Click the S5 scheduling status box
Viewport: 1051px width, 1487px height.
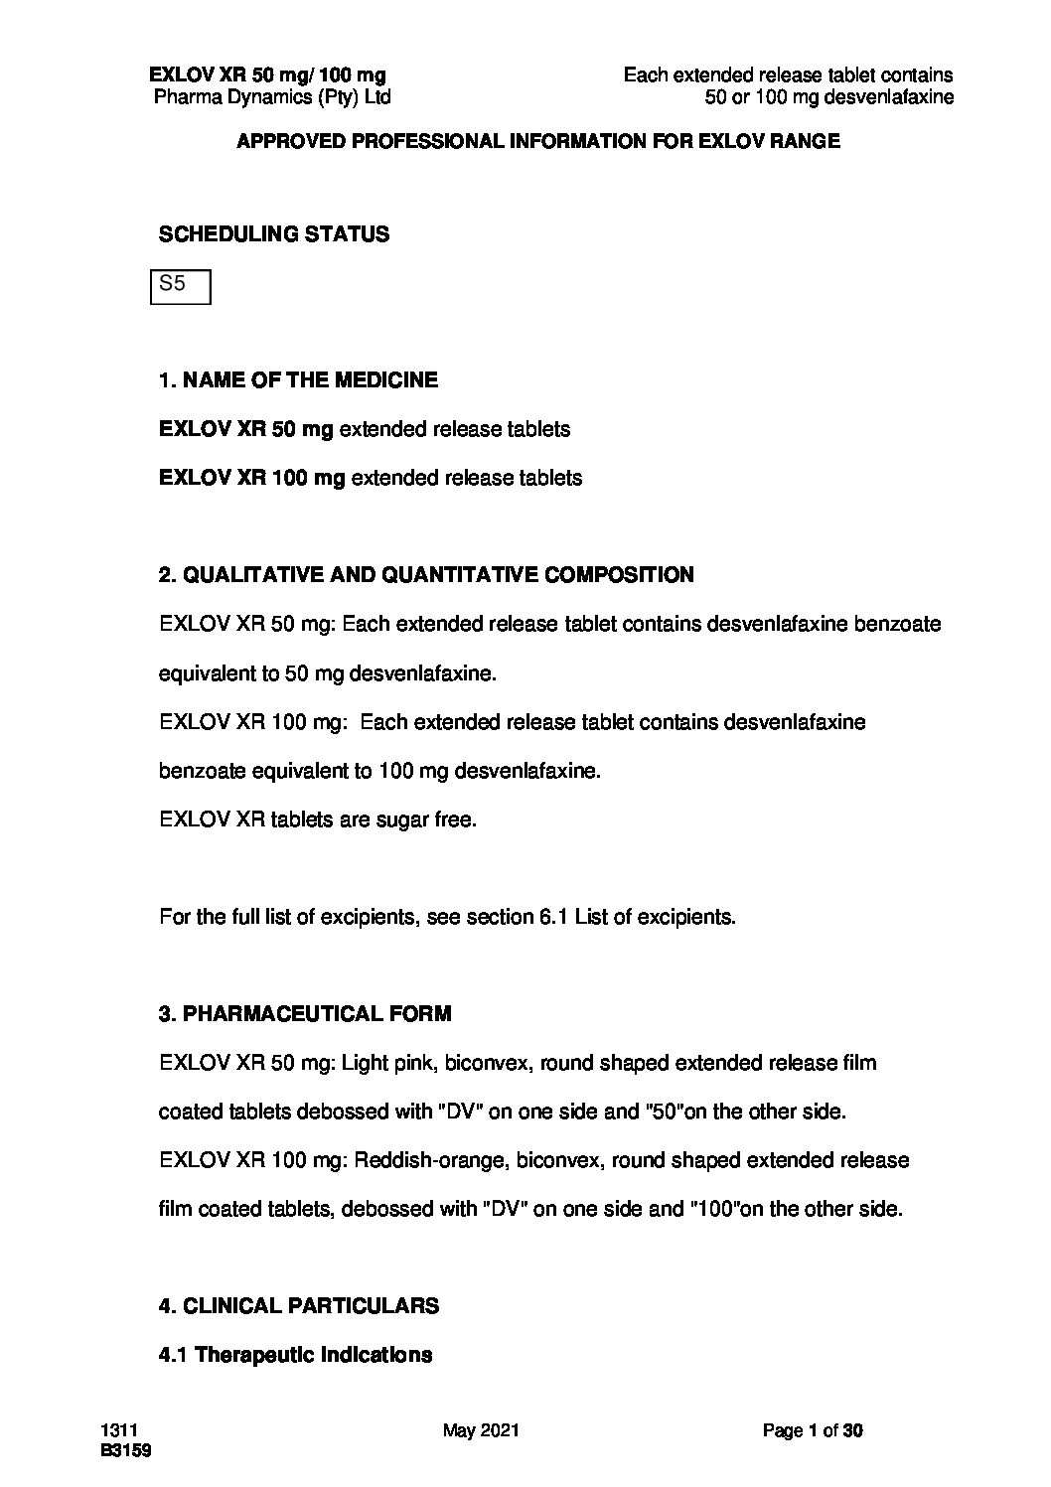pyautogui.click(x=180, y=286)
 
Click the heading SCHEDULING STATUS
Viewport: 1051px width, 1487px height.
pyautogui.click(x=274, y=235)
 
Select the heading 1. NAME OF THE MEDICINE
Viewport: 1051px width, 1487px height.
pyautogui.click(x=298, y=380)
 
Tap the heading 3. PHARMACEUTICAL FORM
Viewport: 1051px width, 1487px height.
pyautogui.click(x=305, y=1014)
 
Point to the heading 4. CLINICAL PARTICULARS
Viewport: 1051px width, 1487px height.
pyautogui.click(x=299, y=1305)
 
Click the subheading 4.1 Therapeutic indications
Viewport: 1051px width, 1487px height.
pyautogui.click(x=295, y=1355)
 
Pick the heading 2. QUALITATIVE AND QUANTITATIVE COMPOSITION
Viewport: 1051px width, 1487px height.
pyautogui.click(x=426, y=575)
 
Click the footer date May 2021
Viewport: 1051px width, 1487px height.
pyautogui.click(x=482, y=1431)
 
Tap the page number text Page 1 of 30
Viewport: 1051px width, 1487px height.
pyautogui.click(x=813, y=1431)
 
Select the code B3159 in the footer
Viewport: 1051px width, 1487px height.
pyautogui.click(x=125, y=1450)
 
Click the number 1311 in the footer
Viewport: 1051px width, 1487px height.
pyautogui.click(x=117, y=1431)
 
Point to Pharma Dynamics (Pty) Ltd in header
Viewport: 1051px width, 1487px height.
pyautogui.click(x=272, y=97)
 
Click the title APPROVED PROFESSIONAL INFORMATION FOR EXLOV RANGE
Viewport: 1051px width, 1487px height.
pyautogui.click(x=537, y=142)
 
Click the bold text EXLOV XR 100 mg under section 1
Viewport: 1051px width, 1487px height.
pyautogui.click(x=252, y=478)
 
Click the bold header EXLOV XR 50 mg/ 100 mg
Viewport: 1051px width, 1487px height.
pyautogui.click(x=267, y=75)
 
